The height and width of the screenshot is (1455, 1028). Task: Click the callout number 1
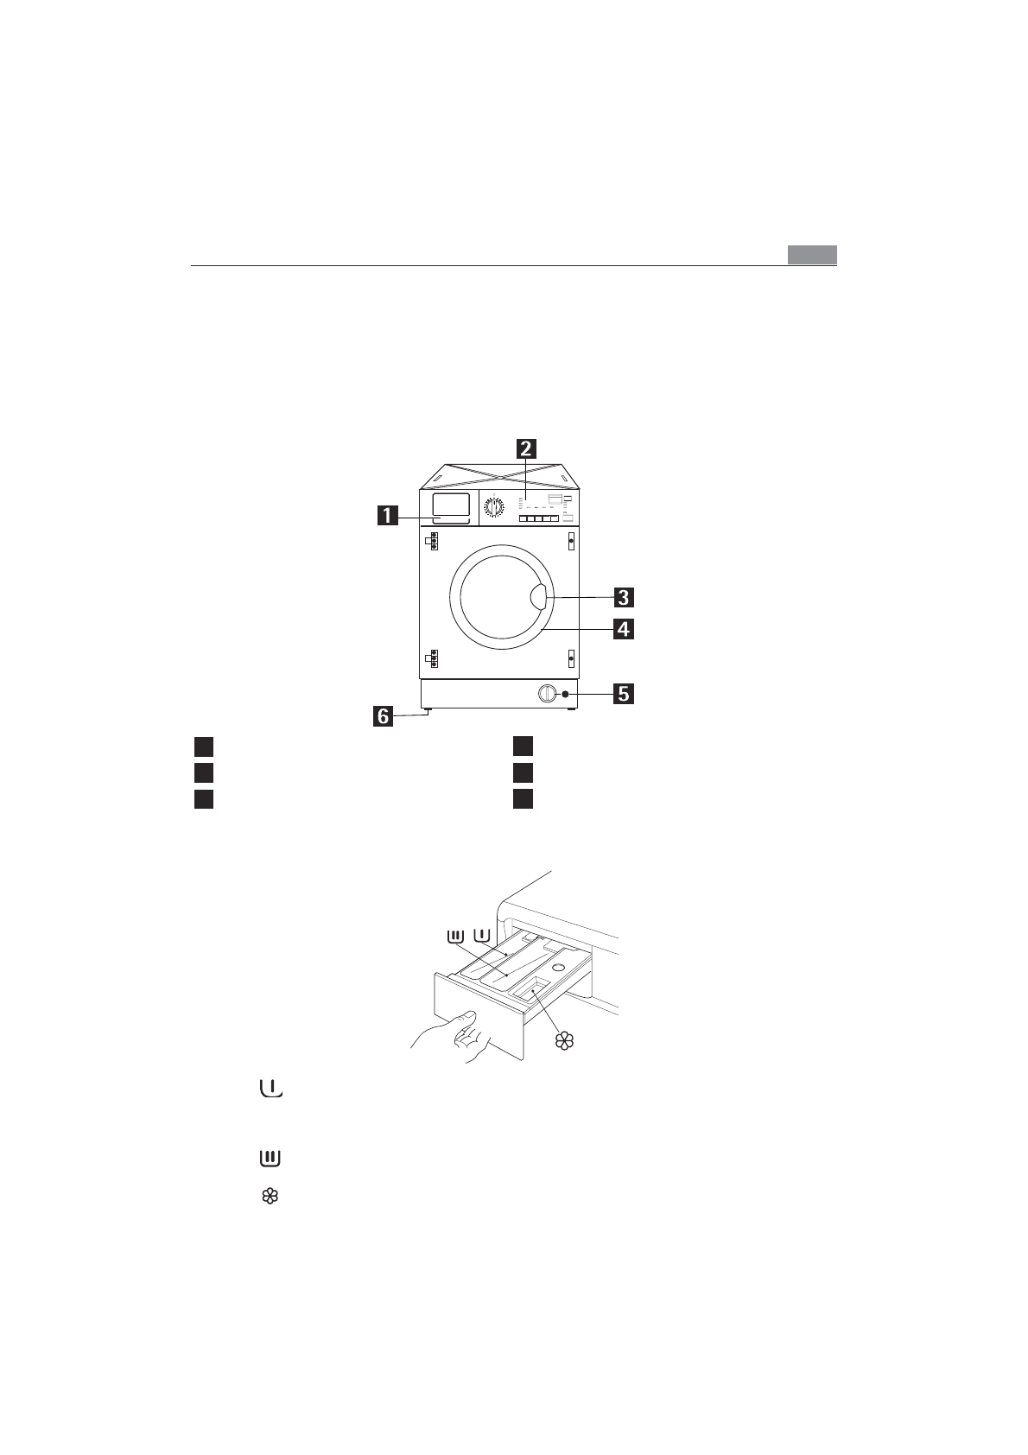[386, 517]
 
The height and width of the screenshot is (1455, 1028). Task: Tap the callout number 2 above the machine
[525, 449]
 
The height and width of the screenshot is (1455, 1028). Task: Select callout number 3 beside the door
[623, 597]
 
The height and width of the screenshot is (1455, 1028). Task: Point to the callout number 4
[623, 629]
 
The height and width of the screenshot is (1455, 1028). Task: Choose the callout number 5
[623, 693]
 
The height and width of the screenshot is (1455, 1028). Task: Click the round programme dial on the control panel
[494, 508]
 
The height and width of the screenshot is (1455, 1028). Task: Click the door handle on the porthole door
[536, 596]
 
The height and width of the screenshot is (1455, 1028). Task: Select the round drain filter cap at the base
[547, 693]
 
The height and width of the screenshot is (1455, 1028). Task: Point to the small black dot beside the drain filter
[564, 694]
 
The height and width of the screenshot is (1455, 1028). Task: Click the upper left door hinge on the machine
[432, 542]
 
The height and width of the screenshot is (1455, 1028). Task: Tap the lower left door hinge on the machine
[432, 658]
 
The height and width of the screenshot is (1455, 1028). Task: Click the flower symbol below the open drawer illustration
[564, 1040]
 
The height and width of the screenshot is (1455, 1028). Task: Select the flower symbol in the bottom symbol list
[270, 1197]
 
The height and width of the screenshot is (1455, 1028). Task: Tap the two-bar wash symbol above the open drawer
[455, 936]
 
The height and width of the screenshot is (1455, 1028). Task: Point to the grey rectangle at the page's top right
[812, 255]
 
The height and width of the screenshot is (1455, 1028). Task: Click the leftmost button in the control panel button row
[524, 518]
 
